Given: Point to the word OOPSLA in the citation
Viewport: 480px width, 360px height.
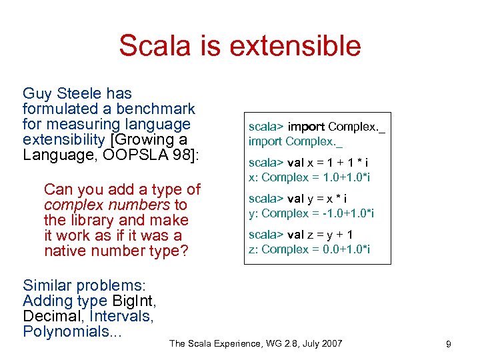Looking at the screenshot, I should [x=114, y=155].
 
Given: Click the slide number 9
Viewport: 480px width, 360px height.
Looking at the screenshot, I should [x=449, y=344].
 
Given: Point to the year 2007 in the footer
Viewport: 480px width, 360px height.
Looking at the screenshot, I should [x=329, y=343].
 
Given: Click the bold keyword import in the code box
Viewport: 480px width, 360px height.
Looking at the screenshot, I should [x=307, y=127].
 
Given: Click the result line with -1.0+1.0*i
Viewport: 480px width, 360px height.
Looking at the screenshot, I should [x=311, y=213].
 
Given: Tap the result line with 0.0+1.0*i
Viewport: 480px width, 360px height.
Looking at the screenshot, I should [x=309, y=249].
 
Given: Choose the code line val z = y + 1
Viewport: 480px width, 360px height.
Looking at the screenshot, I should [x=301, y=235].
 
